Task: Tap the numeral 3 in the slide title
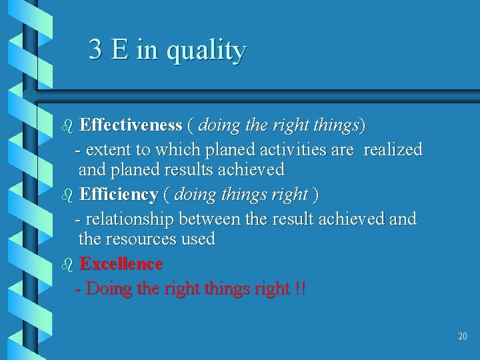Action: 95,49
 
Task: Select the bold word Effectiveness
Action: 131,125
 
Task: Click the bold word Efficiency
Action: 118,195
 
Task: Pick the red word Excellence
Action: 121,264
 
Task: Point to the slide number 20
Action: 463,336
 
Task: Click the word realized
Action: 393,149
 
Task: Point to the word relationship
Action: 129,219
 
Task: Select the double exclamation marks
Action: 300,289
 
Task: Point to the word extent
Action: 109,149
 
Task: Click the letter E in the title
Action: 120,49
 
